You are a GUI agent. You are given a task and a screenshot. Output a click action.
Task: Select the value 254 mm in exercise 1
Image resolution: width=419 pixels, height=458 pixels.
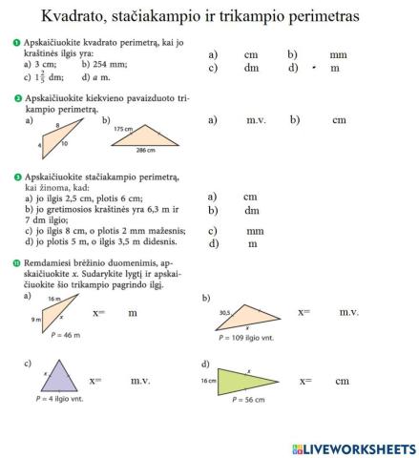[x=106, y=64]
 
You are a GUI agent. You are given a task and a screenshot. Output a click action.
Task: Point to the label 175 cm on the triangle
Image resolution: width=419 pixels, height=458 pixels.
[x=122, y=129]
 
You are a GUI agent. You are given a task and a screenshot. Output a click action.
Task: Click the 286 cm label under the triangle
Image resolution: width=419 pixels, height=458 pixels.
[x=145, y=151]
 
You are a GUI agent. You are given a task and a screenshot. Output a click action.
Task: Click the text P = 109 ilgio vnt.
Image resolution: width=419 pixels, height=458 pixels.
[x=246, y=338]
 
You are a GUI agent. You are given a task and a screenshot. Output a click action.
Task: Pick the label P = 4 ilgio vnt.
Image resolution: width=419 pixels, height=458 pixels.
[x=58, y=399]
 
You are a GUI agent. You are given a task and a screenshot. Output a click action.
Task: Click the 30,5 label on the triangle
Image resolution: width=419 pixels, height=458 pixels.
[x=225, y=312]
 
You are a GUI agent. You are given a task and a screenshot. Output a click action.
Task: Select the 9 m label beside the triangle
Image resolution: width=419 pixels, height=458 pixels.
[x=35, y=320]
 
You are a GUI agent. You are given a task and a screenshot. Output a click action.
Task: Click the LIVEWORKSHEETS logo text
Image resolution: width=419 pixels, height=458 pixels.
[x=357, y=448]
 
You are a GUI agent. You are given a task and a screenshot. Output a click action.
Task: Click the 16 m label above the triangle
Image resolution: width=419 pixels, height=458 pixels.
[x=53, y=300]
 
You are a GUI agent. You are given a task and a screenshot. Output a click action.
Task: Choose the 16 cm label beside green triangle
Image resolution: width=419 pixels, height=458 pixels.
[x=209, y=380]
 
